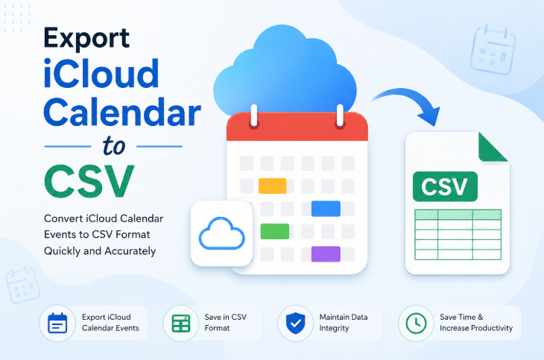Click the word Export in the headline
[x=86, y=38]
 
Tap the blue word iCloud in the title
[x=101, y=73]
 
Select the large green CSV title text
[x=89, y=181]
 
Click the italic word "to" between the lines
[x=114, y=146]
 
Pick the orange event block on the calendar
[x=273, y=186]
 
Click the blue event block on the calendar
[x=326, y=208]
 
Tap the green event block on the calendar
[x=275, y=231]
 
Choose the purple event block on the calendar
[x=326, y=253]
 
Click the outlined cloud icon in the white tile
[x=221, y=233]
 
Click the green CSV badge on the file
[x=445, y=186]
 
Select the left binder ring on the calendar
[x=254, y=116]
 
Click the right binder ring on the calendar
[x=340, y=116]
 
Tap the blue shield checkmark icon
[x=296, y=323]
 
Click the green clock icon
[x=416, y=323]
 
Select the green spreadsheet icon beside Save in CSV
[x=181, y=323]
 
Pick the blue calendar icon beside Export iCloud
[x=57, y=323]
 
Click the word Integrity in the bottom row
[x=334, y=329]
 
